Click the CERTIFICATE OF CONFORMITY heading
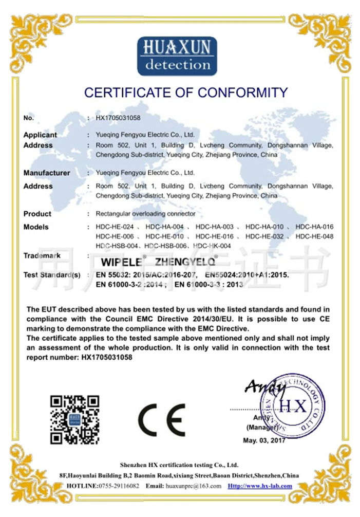(x=186, y=93)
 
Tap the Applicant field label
(x=40, y=135)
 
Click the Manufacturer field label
(x=47, y=173)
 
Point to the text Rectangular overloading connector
(x=146, y=214)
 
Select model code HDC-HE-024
(x=115, y=227)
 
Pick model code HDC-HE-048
(x=315, y=236)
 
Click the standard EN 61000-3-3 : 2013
(x=208, y=284)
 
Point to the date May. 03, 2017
(x=263, y=441)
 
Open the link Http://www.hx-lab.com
(x=260, y=486)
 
